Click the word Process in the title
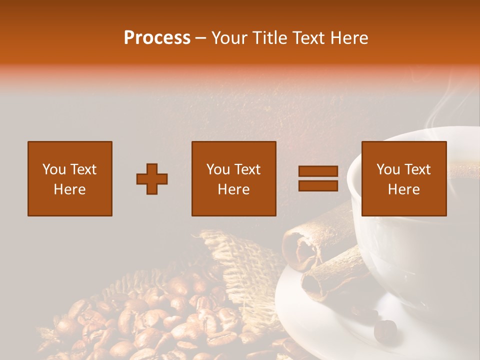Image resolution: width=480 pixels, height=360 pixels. click(157, 38)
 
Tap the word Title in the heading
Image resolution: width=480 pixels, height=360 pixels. click(267, 38)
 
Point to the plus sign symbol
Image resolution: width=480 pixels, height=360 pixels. click(152, 179)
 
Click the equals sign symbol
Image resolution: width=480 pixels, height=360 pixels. click(318, 178)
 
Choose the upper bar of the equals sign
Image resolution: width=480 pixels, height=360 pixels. click(318, 171)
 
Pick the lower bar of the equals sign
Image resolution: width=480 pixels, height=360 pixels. click(318, 185)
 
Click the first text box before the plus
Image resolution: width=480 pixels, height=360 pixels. click(69, 178)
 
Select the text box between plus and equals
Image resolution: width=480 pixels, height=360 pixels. click(233, 178)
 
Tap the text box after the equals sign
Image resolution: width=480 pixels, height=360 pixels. click(403, 178)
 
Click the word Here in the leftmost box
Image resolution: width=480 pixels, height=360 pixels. click(69, 189)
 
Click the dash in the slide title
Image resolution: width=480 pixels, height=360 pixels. click(201, 38)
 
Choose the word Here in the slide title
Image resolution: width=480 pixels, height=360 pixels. click(350, 38)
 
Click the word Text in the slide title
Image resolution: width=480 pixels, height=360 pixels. click(309, 38)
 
